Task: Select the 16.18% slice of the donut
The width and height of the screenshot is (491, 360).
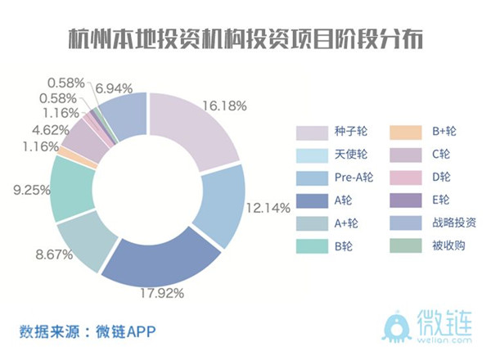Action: click(193, 131)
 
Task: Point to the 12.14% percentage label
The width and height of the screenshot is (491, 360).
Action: click(268, 208)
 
